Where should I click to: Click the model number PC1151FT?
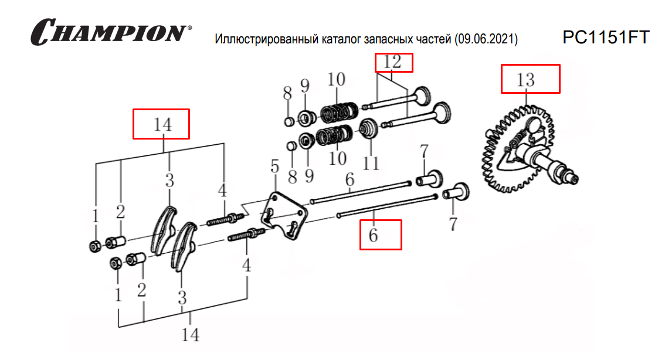(606, 38)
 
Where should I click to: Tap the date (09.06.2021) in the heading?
(486, 39)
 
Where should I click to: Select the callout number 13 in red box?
(525, 80)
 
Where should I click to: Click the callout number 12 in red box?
(392, 62)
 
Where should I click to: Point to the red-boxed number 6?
(373, 235)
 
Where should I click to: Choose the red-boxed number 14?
(163, 125)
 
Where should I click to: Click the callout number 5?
(275, 167)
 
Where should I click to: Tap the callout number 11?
(371, 163)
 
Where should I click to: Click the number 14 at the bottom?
(191, 335)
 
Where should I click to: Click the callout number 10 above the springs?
(337, 80)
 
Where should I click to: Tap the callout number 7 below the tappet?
(453, 225)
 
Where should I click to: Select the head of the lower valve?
(442, 113)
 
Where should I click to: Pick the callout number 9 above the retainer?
(305, 86)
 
